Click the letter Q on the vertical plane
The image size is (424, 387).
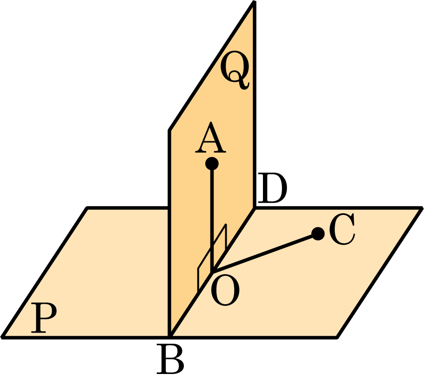click(235, 70)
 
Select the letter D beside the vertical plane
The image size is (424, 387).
click(272, 188)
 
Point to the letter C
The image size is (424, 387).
click(342, 229)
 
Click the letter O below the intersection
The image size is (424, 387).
click(225, 291)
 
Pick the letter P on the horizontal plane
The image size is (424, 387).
click(44, 318)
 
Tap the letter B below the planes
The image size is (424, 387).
click(170, 359)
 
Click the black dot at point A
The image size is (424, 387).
click(212, 164)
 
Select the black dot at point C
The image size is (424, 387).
click(318, 234)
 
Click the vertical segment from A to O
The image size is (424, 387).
click(212, 218)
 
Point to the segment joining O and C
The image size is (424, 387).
click(265, 253)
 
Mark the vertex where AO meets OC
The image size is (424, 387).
click(212, 272)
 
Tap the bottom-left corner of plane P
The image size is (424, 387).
click(2, 337)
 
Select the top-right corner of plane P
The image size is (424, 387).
click(422, 207)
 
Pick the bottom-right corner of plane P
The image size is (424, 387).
click(337, 337)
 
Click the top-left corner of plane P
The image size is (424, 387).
click(87, 207)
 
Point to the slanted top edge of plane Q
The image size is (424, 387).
click(212, 66)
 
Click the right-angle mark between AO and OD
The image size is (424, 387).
click(212, 258)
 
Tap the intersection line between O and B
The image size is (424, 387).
click(191, 305)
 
